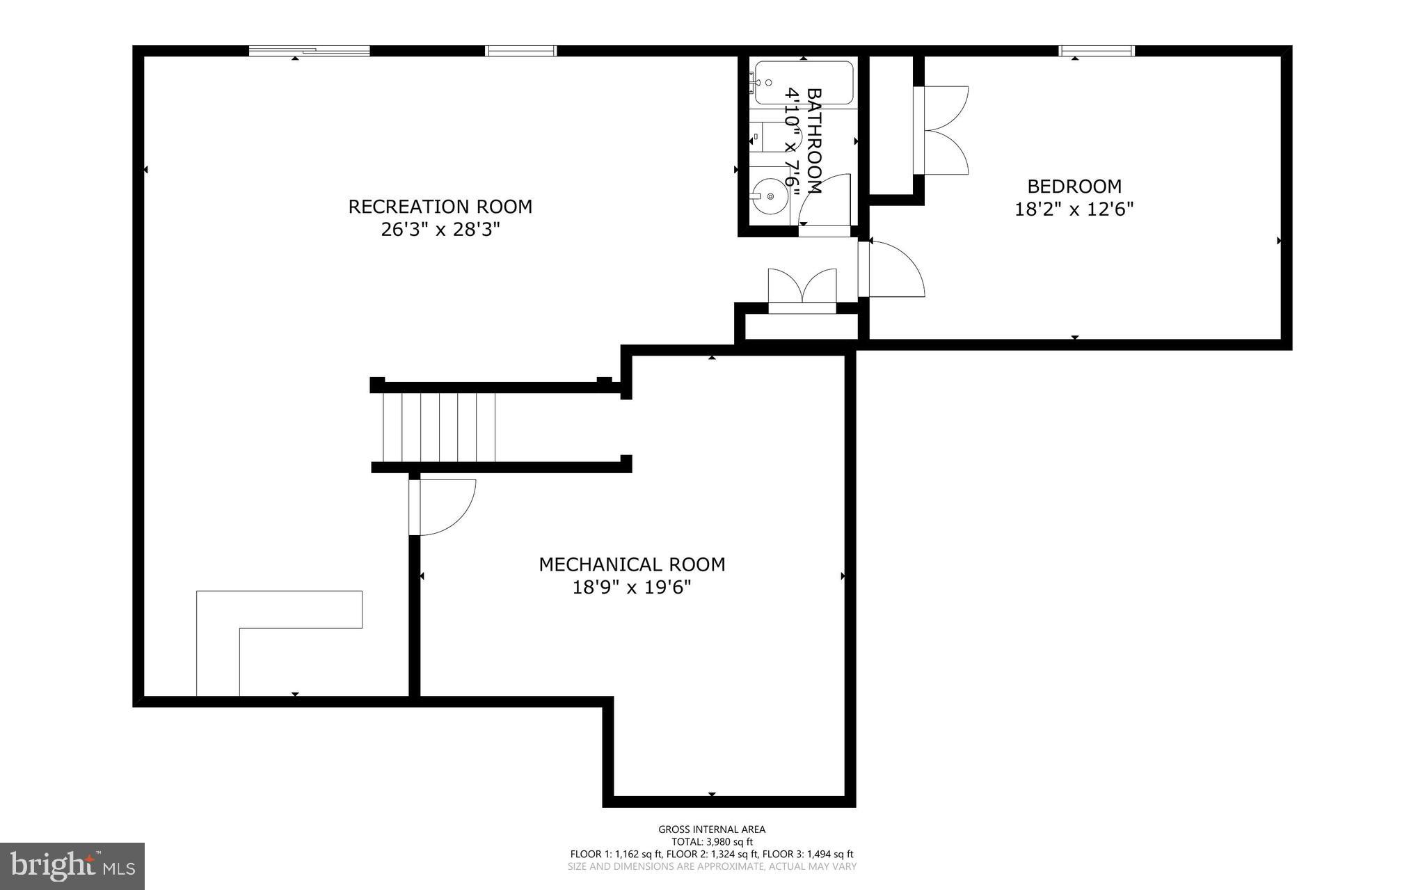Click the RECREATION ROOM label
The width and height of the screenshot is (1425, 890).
(440, 207)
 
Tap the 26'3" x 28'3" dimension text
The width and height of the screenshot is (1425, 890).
(440, 230)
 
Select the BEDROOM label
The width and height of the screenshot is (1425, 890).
(1074, 186)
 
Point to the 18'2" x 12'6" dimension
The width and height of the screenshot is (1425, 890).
(1074, 209)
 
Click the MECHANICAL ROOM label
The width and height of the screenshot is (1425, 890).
(632, 564)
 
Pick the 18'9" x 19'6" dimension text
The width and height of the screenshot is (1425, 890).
(632, 588)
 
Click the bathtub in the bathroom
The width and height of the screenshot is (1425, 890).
(803, 83)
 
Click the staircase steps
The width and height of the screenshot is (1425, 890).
(439, 427)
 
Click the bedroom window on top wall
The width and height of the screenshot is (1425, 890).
(1097, 51)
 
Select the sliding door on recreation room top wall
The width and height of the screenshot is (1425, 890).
(309, 51)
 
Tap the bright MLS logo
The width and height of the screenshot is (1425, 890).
(72, 866)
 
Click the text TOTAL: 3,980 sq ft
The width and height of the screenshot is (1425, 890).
(712, 841)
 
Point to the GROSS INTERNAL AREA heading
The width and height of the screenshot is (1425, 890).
(712, 829)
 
